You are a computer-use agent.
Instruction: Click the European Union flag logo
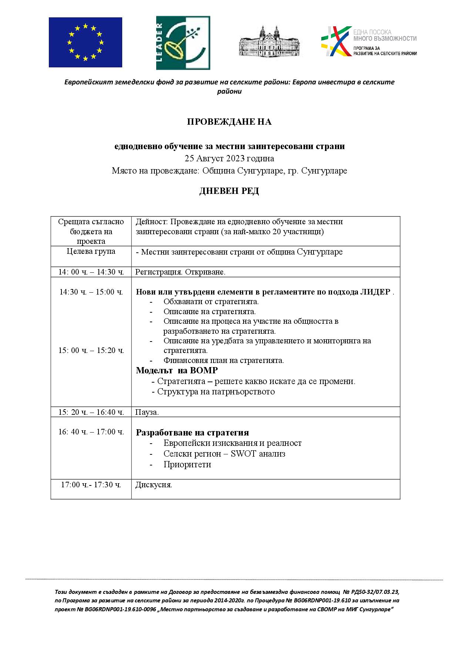[x=86, y=42]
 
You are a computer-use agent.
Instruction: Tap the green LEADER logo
[x=183, y=43]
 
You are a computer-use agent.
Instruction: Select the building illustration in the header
[x=269, y=42]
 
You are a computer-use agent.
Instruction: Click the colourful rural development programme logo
[x=369, y=41]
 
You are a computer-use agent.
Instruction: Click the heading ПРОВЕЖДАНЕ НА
[x=229, y=122]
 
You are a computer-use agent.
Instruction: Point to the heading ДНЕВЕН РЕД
[x=229, y=191]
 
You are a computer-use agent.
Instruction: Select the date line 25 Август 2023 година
[x=229, y=159]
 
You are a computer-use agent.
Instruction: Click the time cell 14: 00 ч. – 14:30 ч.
[x=91, y=272]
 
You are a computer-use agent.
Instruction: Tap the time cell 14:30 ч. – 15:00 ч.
[x=91, y=292]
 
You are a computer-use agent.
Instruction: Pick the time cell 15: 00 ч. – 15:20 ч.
[x=91, y=350]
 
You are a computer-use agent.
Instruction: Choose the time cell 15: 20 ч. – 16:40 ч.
[x=91, y=412]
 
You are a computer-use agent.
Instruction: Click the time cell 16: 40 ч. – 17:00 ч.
[x=91, y=432]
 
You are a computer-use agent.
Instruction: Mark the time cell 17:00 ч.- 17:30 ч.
[x=91, y=485]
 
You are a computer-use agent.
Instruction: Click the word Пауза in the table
[x=147, y=412]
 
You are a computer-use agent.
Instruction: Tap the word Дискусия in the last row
[x=153, y=485]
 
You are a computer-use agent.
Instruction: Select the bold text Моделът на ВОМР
[x=177, y=370]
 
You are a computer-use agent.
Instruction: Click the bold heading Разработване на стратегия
[x=192, y=433]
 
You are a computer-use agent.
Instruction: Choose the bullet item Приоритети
[x=187, y=464]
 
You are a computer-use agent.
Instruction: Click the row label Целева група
[x=91, y=251]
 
